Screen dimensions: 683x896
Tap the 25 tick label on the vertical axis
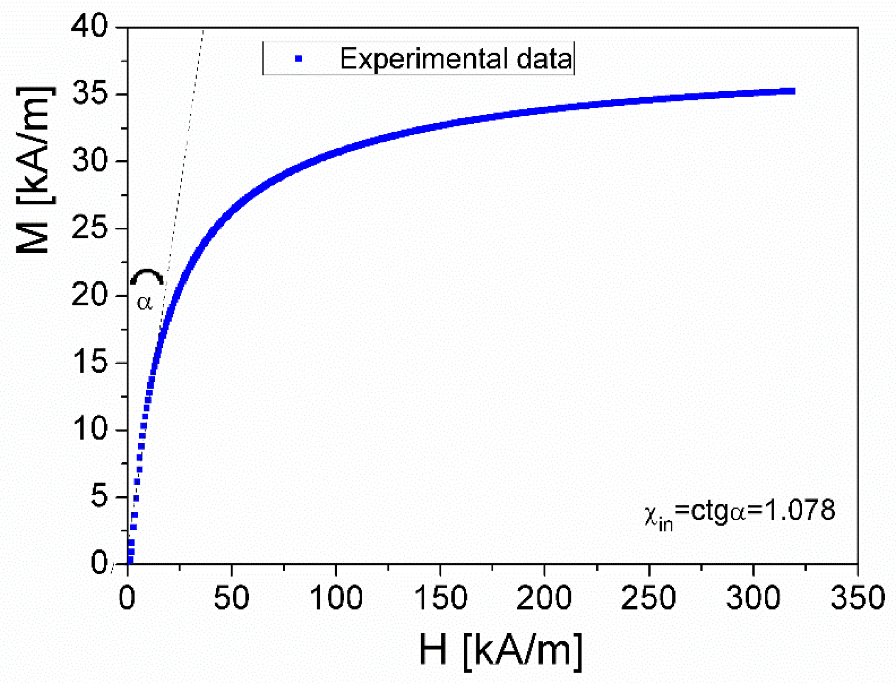(x=89, y=228)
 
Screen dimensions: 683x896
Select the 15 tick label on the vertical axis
(x=89, y=362)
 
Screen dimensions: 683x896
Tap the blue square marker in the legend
(x=298, y=59)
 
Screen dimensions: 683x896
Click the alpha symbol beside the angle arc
(x=144, y=303)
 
